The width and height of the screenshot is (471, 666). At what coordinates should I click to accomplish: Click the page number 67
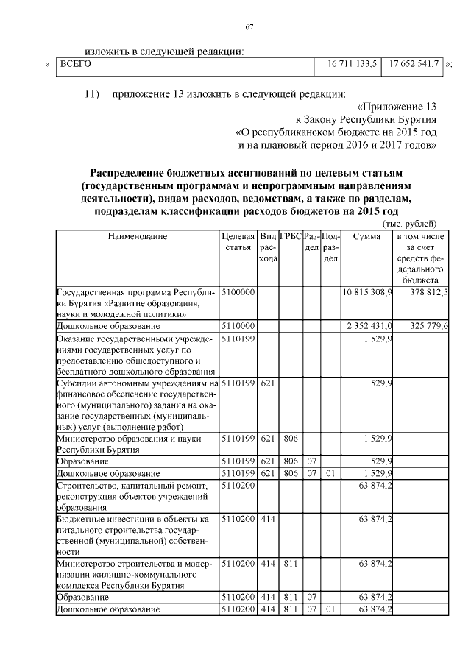(249, 28)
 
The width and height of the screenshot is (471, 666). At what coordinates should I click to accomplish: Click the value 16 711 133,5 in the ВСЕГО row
(347, 65)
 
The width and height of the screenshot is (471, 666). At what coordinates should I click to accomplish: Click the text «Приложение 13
(394, 106)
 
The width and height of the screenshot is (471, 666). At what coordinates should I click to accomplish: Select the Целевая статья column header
(238, 242)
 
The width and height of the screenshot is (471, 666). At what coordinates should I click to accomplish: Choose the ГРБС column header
(290, 237)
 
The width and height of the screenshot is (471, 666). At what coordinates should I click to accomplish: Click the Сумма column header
(366, 237)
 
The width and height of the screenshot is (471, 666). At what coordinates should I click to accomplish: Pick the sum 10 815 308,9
(368, 293)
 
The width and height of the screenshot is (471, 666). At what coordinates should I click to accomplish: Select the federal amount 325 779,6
(422, 325)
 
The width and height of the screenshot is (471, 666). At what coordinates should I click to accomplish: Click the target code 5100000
(237, 293)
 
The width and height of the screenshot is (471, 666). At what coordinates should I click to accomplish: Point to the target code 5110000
(237, 325)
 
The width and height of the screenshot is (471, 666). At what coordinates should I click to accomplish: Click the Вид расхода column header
(268, 248)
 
